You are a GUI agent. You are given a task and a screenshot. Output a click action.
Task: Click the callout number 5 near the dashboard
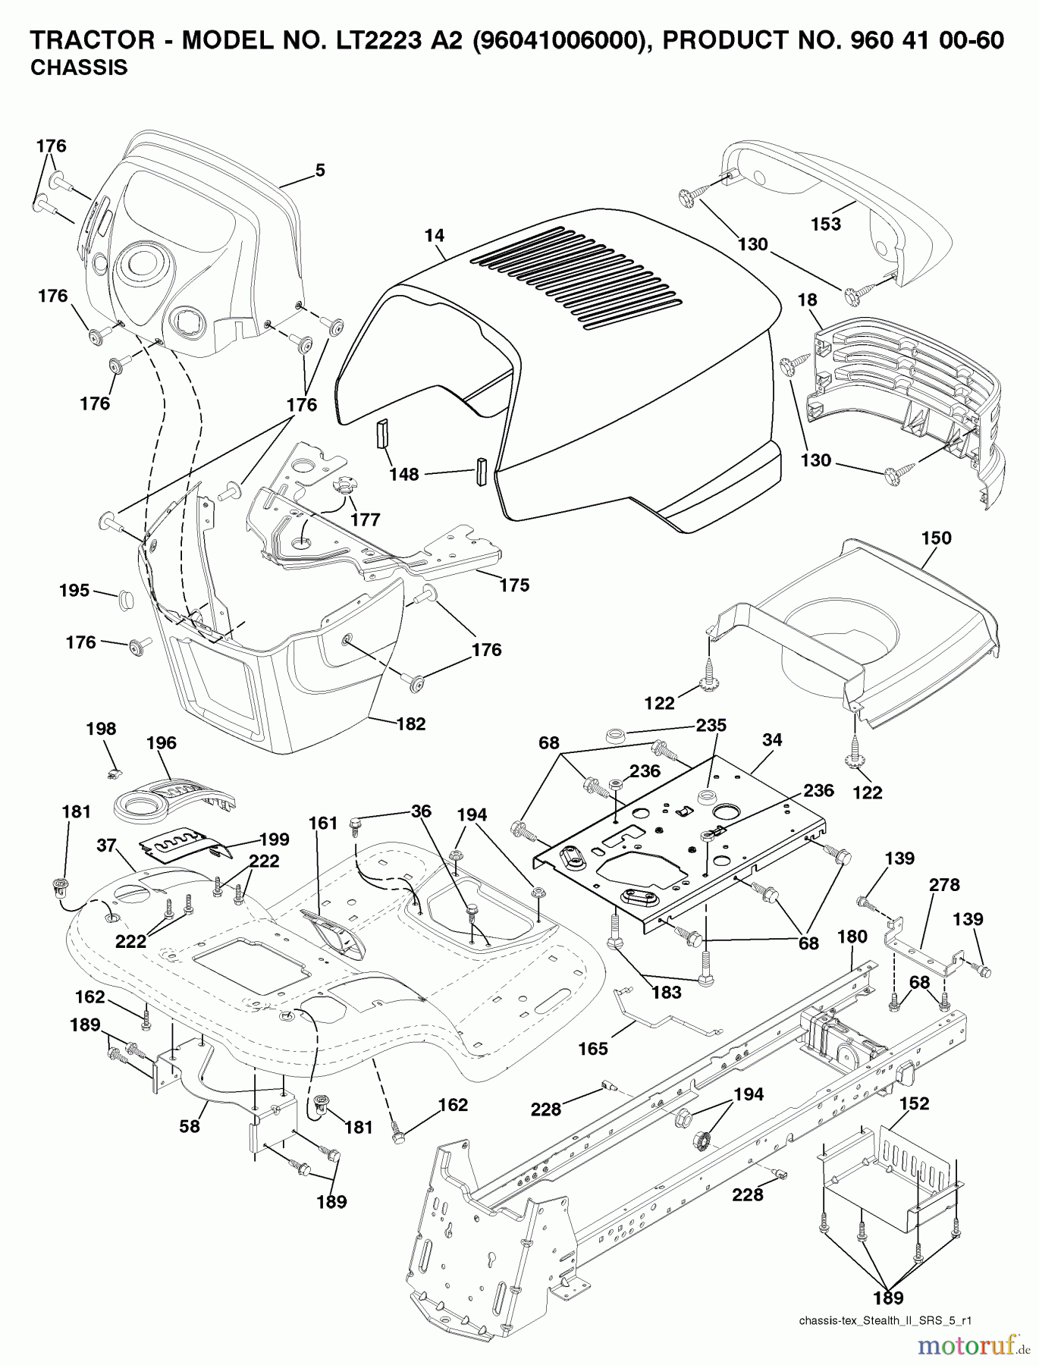point(320,171)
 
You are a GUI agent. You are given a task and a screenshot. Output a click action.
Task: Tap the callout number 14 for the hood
point(434,236)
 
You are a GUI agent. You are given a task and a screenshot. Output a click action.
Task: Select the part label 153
point(826,224)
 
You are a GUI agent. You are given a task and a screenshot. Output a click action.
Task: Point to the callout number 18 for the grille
point(808,300)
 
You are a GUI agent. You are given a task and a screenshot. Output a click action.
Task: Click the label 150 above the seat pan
point(936,538)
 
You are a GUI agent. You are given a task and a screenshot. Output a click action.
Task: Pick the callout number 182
point(411,723)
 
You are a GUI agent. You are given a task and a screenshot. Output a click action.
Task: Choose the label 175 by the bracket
point(514,585)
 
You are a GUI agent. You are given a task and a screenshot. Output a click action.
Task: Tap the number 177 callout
point(365,520)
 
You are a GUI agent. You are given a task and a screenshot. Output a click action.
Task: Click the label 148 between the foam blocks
point(404,475)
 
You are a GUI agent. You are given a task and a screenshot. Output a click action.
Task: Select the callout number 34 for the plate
point(772,739)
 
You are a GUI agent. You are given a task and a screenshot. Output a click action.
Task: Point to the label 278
point(944,885)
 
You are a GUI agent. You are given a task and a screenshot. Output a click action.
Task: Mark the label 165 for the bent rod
point(593,1049)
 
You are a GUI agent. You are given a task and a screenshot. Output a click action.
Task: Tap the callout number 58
point(190,1127)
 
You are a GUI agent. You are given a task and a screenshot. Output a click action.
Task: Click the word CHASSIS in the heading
point(79,68)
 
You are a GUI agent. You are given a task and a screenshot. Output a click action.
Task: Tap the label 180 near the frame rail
point(852,937)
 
